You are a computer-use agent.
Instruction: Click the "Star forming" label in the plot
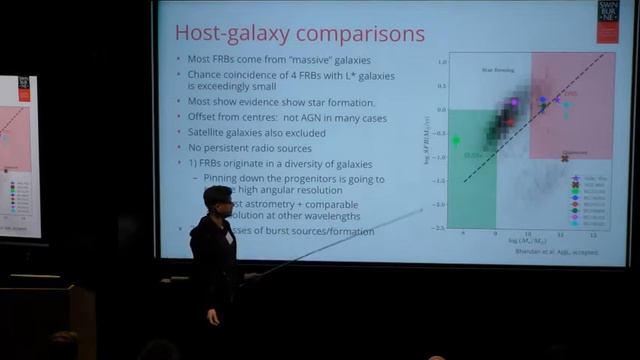[475, 71]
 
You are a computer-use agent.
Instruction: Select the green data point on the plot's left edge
[456, 140]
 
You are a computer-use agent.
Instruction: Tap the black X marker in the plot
[565, 158]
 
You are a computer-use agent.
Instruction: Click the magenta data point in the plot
[514, 102]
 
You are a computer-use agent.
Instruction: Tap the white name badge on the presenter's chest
[229, 239]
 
